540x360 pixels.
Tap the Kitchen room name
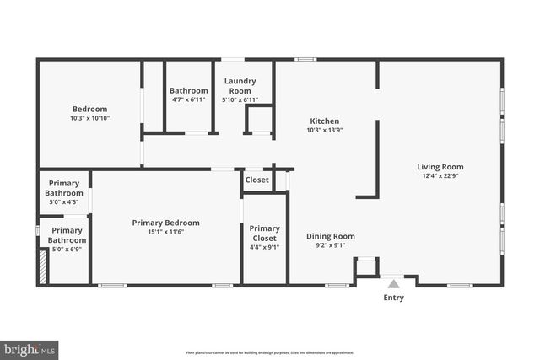[x=324, y=121]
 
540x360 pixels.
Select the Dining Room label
[x=330, y=236]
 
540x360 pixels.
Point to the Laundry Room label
[x=239, y=86]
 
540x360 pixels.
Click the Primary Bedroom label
[x=165, y=223]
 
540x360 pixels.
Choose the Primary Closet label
[x=264, y=233]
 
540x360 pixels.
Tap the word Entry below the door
[x=393, y=298]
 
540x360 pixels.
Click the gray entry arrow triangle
[x=393, y=285]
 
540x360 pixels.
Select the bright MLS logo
[x=30, y=348]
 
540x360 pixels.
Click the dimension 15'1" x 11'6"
[x=165, y=232]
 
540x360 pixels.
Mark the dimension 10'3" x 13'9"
[x=324, y=130]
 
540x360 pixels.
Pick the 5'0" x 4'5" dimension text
[x=64, y=202]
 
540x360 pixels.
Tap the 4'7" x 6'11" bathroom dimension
[x=188, y=100]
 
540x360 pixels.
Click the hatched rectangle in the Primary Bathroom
[x=42, y=269]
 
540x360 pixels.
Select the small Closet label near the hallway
[x=256, y=180]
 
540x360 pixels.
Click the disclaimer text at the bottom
[x=269, y=352]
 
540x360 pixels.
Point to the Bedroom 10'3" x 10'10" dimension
[x=89, y=118]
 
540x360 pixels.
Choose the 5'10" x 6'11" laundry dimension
[x=239, y=100]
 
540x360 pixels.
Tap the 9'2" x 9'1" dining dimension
[x=330, y=246]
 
